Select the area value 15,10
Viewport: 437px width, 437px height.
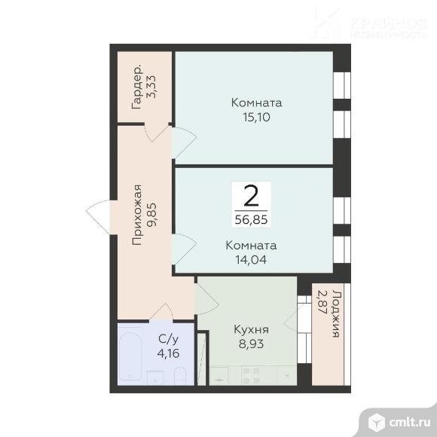coord(256,118)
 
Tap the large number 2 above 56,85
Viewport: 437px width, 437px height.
coord(252,196)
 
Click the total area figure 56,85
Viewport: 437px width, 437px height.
coord(252,220)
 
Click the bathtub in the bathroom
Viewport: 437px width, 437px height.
coord(130,358)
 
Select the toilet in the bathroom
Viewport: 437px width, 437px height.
coord(179,374)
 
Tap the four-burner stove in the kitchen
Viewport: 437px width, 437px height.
coord(251,375)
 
